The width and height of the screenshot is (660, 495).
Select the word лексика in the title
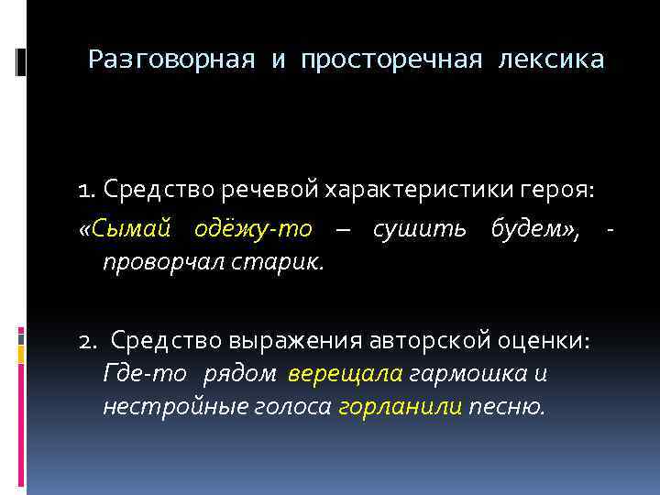(551, 60)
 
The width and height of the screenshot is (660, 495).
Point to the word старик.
(285, 263)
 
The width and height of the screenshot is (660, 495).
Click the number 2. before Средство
(89, 341)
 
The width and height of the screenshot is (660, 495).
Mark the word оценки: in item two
(553, 341)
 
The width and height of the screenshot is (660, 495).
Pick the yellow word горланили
(400, 406)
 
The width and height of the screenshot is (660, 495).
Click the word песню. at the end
(506, 406)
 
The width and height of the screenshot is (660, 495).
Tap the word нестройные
(170, 406)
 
